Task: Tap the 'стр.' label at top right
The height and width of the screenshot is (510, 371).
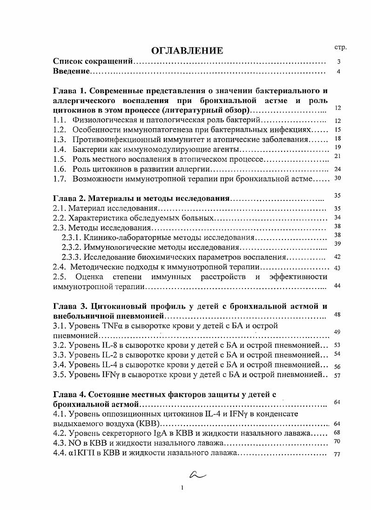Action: click(341, 48)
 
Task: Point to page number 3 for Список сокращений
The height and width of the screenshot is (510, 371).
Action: click(339, 62)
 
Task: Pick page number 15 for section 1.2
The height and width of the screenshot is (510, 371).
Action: click(338, 130)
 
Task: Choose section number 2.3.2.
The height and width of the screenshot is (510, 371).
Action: click(72, 247)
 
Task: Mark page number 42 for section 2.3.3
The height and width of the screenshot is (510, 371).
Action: click(338, 256)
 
